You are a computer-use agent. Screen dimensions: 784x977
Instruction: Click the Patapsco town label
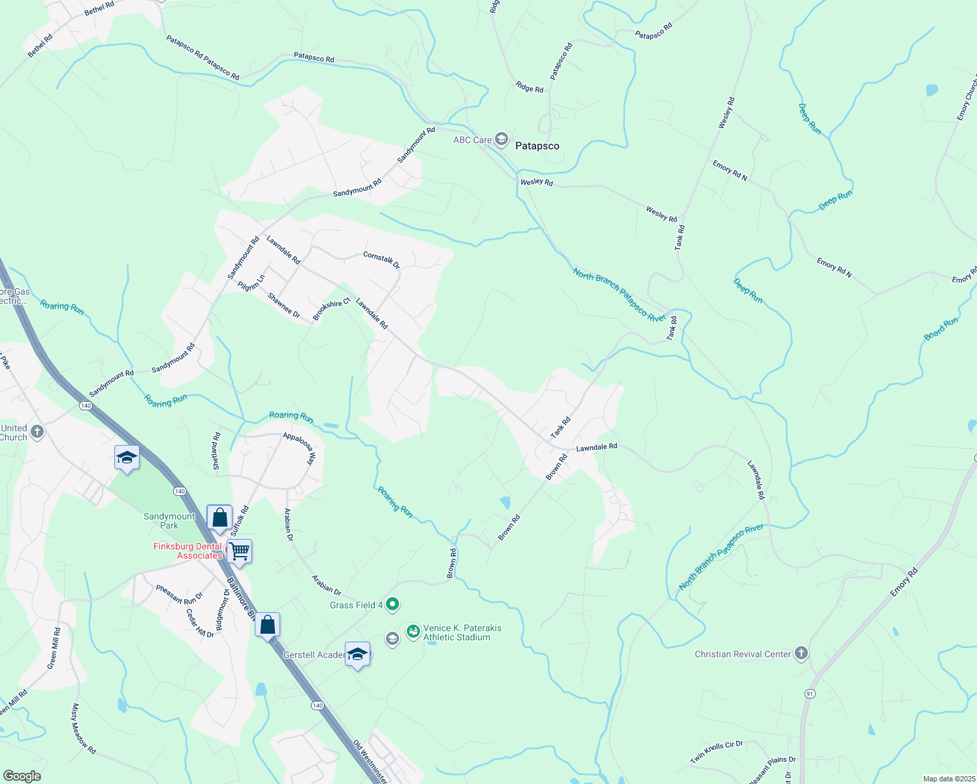point(537,146)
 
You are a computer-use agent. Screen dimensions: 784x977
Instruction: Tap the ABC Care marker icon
point(501,139)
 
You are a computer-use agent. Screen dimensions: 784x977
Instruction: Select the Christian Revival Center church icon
point(801,653)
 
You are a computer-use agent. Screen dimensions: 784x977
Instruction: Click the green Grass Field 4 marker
point(392,605)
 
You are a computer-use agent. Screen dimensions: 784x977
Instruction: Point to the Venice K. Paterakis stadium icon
point(413,632)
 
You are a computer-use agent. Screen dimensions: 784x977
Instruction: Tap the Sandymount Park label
point(169,521)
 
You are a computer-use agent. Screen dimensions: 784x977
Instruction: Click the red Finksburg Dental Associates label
point(188,551)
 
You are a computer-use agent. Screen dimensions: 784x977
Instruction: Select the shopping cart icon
point(240,551)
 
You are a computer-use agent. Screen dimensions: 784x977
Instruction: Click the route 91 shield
point(810,693)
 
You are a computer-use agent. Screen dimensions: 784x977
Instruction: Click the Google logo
point(22,776)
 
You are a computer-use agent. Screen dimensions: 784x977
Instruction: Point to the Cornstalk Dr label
point(381,260)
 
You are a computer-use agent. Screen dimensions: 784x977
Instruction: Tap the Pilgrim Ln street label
point(251,282)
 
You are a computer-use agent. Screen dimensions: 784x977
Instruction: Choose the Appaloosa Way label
point(299,448)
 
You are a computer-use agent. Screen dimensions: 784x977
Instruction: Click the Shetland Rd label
point(217,451)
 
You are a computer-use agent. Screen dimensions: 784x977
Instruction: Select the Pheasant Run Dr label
point(179,595)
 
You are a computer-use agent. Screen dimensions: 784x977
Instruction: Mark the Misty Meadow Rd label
point(84,728)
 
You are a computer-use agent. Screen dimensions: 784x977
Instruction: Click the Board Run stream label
point(940,328)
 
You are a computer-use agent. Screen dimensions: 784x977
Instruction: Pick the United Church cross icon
point(37,432)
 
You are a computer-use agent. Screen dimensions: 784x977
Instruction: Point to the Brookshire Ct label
point(332,309)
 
